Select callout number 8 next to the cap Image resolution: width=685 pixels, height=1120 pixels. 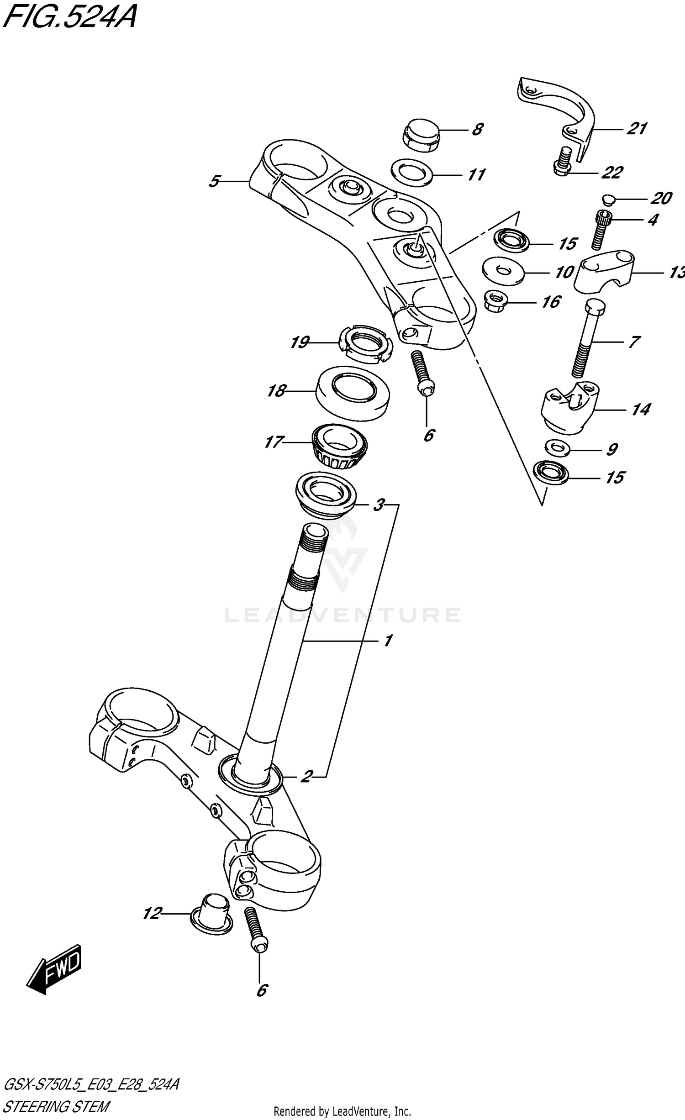click(x=477, y=130)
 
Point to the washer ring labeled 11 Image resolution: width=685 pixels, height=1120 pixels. click(x=412, y=173)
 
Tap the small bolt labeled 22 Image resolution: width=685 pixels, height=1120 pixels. click(x=564, y=161)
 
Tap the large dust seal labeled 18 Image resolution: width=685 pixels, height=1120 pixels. click(x=353, y=393)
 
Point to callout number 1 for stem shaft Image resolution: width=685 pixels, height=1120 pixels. click(x=387, y=641)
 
